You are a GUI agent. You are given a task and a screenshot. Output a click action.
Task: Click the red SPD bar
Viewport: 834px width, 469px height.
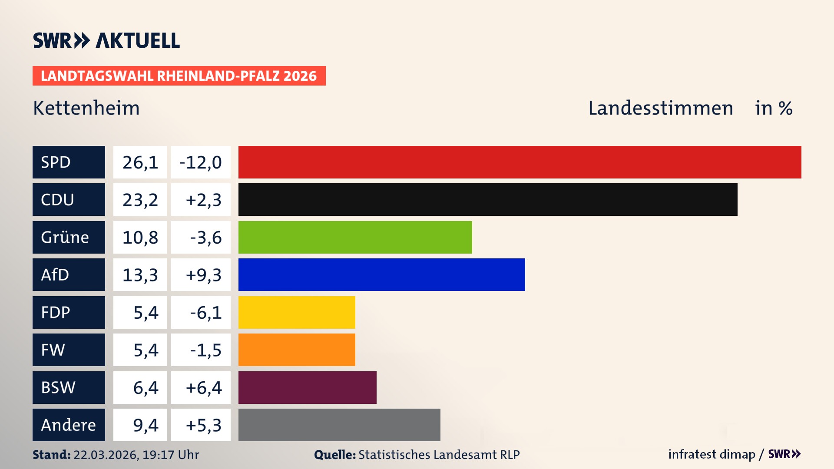pos(520,162)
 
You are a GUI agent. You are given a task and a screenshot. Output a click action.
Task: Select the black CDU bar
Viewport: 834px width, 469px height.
pos(487,200)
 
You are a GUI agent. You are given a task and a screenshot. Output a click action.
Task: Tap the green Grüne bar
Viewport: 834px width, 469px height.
pos(355,237)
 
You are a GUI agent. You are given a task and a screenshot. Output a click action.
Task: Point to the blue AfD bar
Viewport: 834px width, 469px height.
pos(381,274)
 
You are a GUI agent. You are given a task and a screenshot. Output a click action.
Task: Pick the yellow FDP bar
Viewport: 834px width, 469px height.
pos(297,312)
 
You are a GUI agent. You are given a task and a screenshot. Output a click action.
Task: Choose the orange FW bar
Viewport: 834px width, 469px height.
pos(297,350)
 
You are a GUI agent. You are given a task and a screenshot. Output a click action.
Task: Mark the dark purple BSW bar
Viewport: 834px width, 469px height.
pos(307,387)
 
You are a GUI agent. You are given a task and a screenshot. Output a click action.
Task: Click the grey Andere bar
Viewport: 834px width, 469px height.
pos(339,425)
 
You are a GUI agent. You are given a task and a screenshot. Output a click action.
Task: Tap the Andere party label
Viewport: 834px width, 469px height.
pos(69,425)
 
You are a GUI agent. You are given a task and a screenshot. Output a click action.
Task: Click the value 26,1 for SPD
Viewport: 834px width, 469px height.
pos(140,162)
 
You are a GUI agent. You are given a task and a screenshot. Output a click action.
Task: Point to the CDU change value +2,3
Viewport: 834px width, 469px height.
pos(203,200)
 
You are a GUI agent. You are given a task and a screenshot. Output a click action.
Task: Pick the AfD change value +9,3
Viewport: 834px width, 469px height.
pos(203,275)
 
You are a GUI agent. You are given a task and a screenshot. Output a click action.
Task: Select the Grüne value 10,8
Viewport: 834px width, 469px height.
pos(140,238)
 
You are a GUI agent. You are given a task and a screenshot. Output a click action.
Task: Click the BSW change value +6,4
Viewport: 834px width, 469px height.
pos(203,388)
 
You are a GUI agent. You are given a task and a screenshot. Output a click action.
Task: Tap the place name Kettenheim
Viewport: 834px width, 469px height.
pos(86,108)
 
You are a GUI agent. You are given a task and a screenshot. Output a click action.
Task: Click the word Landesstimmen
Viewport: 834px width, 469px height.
pos(660,108)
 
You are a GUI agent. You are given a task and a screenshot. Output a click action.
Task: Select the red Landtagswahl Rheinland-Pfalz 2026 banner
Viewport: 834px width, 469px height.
pos(179,76)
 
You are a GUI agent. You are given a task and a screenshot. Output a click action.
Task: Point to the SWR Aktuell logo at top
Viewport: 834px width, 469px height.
pos(106,40)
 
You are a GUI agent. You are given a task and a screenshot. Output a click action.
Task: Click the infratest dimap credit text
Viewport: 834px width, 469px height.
pos(712,454)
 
